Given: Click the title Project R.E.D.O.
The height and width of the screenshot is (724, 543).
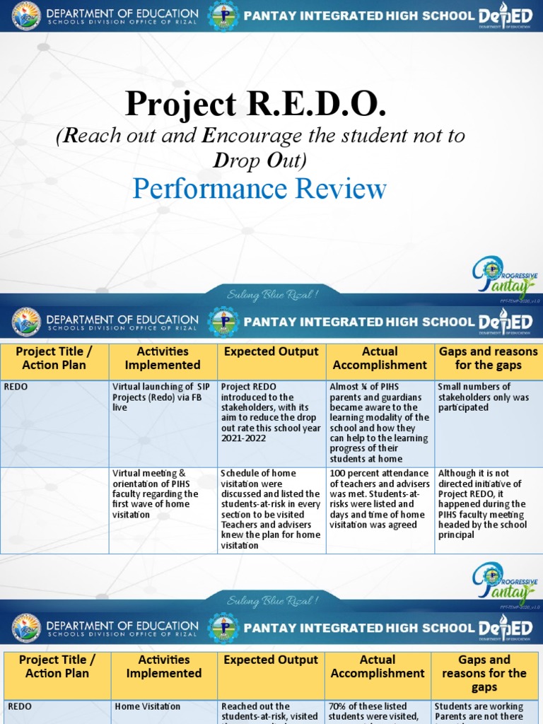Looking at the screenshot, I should click(255, 104).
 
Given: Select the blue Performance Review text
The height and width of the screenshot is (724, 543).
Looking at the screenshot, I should click(259, 189).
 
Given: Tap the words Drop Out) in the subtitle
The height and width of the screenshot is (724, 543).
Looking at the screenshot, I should click(259, 161).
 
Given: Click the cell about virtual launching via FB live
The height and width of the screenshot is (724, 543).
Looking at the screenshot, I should click(163, 397).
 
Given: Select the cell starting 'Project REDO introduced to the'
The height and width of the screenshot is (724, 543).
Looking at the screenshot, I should click(271, 412).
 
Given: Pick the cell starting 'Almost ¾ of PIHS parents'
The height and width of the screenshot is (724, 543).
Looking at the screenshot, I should click(380, 422).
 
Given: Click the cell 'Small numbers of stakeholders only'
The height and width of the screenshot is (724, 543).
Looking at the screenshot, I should click(488, 397).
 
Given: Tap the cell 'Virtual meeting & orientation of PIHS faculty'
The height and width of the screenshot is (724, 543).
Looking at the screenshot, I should click(163, 494).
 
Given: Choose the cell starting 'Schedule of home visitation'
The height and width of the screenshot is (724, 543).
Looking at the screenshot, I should click(271, 509).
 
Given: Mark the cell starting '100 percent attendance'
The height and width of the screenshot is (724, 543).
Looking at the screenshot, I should click(380, 499).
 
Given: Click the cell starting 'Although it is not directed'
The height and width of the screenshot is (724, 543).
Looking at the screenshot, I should click(488, 504).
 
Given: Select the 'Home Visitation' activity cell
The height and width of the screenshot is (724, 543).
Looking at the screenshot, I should click(163, 706).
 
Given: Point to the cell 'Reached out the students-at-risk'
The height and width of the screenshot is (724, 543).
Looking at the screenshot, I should click(271, 711).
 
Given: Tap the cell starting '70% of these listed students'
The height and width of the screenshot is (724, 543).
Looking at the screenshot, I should click(378, 711).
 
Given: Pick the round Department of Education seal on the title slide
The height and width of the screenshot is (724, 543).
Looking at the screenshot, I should click(25, 16).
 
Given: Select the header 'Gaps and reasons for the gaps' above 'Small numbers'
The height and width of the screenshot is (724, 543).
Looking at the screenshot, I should click(488, 358).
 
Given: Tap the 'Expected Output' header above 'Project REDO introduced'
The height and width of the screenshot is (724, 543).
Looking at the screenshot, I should click(271, 352).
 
